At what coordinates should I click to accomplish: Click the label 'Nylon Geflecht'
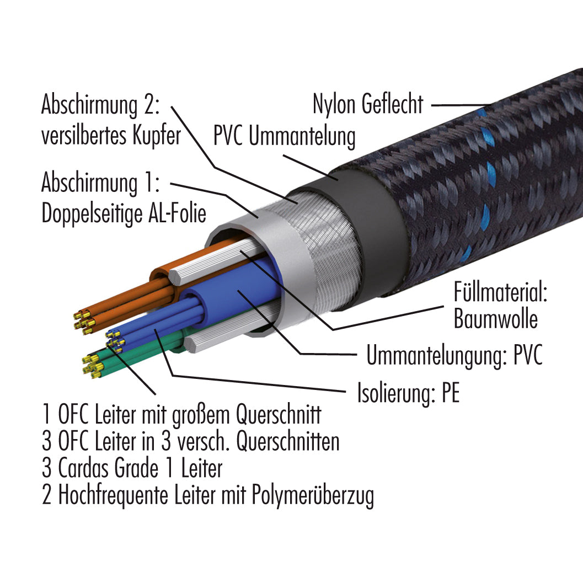coord(368,104)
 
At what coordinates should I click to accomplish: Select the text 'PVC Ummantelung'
coord(285,136)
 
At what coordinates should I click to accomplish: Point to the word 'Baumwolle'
coord(496,319)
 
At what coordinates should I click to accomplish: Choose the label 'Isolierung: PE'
coord(408,393)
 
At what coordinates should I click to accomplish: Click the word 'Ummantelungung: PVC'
coord(454,355)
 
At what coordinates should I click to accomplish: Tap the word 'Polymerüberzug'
coord(313,496)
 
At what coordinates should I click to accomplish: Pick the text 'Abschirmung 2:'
coord(100,105)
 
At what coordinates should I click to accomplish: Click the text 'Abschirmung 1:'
coord(100,183)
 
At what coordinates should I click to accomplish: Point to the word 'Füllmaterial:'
coord(500,292)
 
